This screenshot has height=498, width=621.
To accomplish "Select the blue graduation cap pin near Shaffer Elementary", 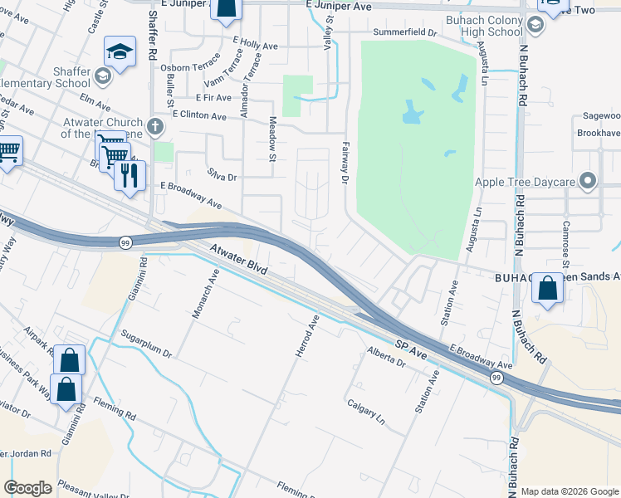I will coord(120,53).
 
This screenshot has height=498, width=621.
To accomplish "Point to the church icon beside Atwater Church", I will coord(156,127).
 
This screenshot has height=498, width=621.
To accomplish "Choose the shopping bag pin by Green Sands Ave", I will coord(548,289).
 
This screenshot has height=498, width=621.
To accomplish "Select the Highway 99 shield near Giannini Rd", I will coord(125,242).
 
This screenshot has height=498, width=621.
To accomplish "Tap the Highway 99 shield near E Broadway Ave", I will coord(496,378).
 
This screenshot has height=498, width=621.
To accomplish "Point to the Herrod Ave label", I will coord(307,336).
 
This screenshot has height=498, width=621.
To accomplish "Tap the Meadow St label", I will coord(272,134).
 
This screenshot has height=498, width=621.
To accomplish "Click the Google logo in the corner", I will coord(27,488).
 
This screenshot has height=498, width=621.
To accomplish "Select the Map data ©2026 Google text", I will coord(570,491).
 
